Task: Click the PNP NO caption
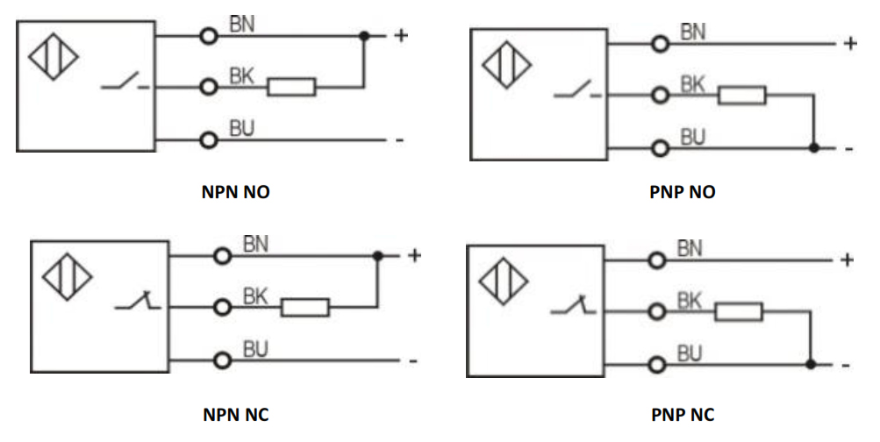pos(684,192)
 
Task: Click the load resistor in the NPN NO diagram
pos(291,87)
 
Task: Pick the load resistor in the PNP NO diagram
pos(742,95)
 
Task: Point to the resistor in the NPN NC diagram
pos(305,307)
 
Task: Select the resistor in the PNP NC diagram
pos(738,311)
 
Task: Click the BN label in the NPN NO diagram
pos(242,25)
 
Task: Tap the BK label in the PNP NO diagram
pos(693,85)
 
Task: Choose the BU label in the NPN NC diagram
pos(255,350)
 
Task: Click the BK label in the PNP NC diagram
pos(690,302)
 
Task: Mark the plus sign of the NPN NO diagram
pos(401,36)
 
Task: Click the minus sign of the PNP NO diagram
pos(848,149)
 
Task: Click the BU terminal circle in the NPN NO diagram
pos(209,139)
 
